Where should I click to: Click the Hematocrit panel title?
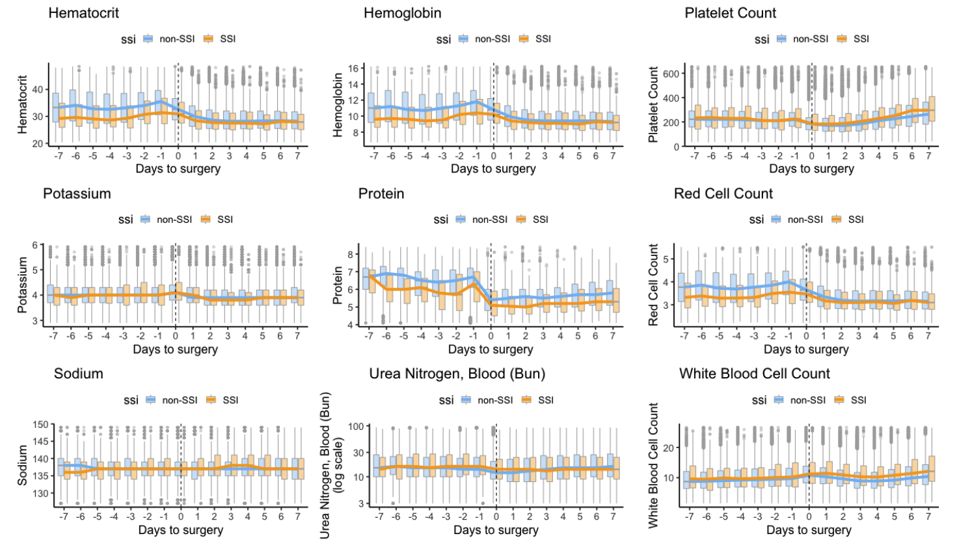point(83,13)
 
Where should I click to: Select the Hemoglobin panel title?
point(402,13)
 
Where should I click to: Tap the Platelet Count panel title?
point(730,13)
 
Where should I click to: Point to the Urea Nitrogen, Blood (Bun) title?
point(457,374)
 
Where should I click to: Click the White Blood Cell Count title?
point(754,374)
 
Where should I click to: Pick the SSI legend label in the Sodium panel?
point(230,400)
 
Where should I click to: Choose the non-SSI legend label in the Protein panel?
point(490,220)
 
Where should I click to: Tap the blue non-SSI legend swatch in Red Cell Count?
point(775,220)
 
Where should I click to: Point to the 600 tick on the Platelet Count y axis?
point(671,74)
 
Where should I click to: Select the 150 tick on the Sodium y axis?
point(40,425)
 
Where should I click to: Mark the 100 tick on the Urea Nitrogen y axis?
point(356,427)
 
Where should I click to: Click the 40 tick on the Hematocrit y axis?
point(38,90)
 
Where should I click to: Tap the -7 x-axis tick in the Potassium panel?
point(53,336)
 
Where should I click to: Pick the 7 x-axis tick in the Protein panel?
point(613,336)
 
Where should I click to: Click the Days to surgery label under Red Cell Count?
point(806,349)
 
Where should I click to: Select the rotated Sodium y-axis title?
point(23,465)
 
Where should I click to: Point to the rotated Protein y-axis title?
point(338,285)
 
